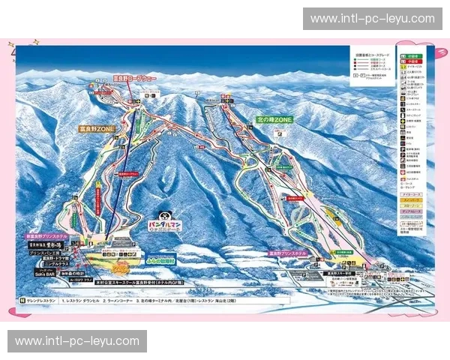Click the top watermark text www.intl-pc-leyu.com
pyautogui.click(x=372, y=19)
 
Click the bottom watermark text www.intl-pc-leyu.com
pyautogui.click(x=77, y=341)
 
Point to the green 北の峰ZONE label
pyautogui.click(x=274, y=120)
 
